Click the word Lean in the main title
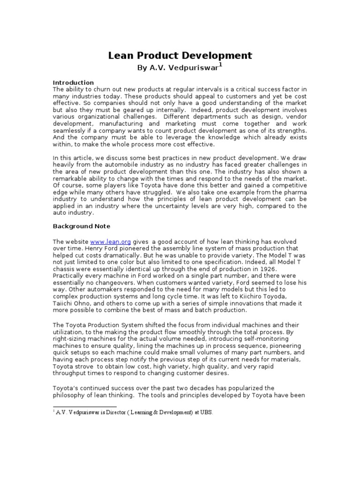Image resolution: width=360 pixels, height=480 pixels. [x=121, y=56]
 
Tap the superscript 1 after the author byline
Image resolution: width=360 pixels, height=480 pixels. [x=220, y=65]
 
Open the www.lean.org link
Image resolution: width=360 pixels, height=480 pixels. [x=108, y=241]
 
